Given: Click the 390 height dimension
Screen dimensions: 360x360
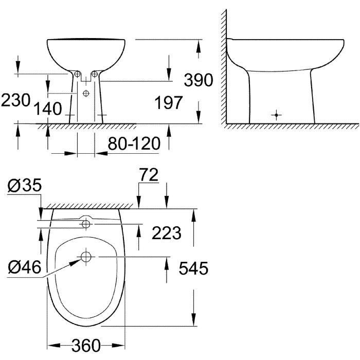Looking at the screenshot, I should [198, 80].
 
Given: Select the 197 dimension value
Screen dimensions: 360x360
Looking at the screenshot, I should [169, 103].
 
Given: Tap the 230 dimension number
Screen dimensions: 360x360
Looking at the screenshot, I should [15, 100].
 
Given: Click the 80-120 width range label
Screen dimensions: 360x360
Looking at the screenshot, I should [133, 143].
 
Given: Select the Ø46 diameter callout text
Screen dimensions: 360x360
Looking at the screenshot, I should [25, 266].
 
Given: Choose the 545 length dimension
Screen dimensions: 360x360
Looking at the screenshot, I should [194, 268].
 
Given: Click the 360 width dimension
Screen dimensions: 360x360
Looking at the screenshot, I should [85, 346].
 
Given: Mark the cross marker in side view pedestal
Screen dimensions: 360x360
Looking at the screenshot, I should [277, 114].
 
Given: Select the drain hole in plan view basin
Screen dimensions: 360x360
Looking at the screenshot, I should [86, 257].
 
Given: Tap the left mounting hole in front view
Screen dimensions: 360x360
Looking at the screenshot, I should [77, 75].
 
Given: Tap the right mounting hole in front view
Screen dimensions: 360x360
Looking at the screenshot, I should [95, 75].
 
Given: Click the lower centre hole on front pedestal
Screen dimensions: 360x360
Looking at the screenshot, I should [86, 93].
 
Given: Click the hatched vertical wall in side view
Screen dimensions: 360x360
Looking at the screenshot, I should [224, 67].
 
